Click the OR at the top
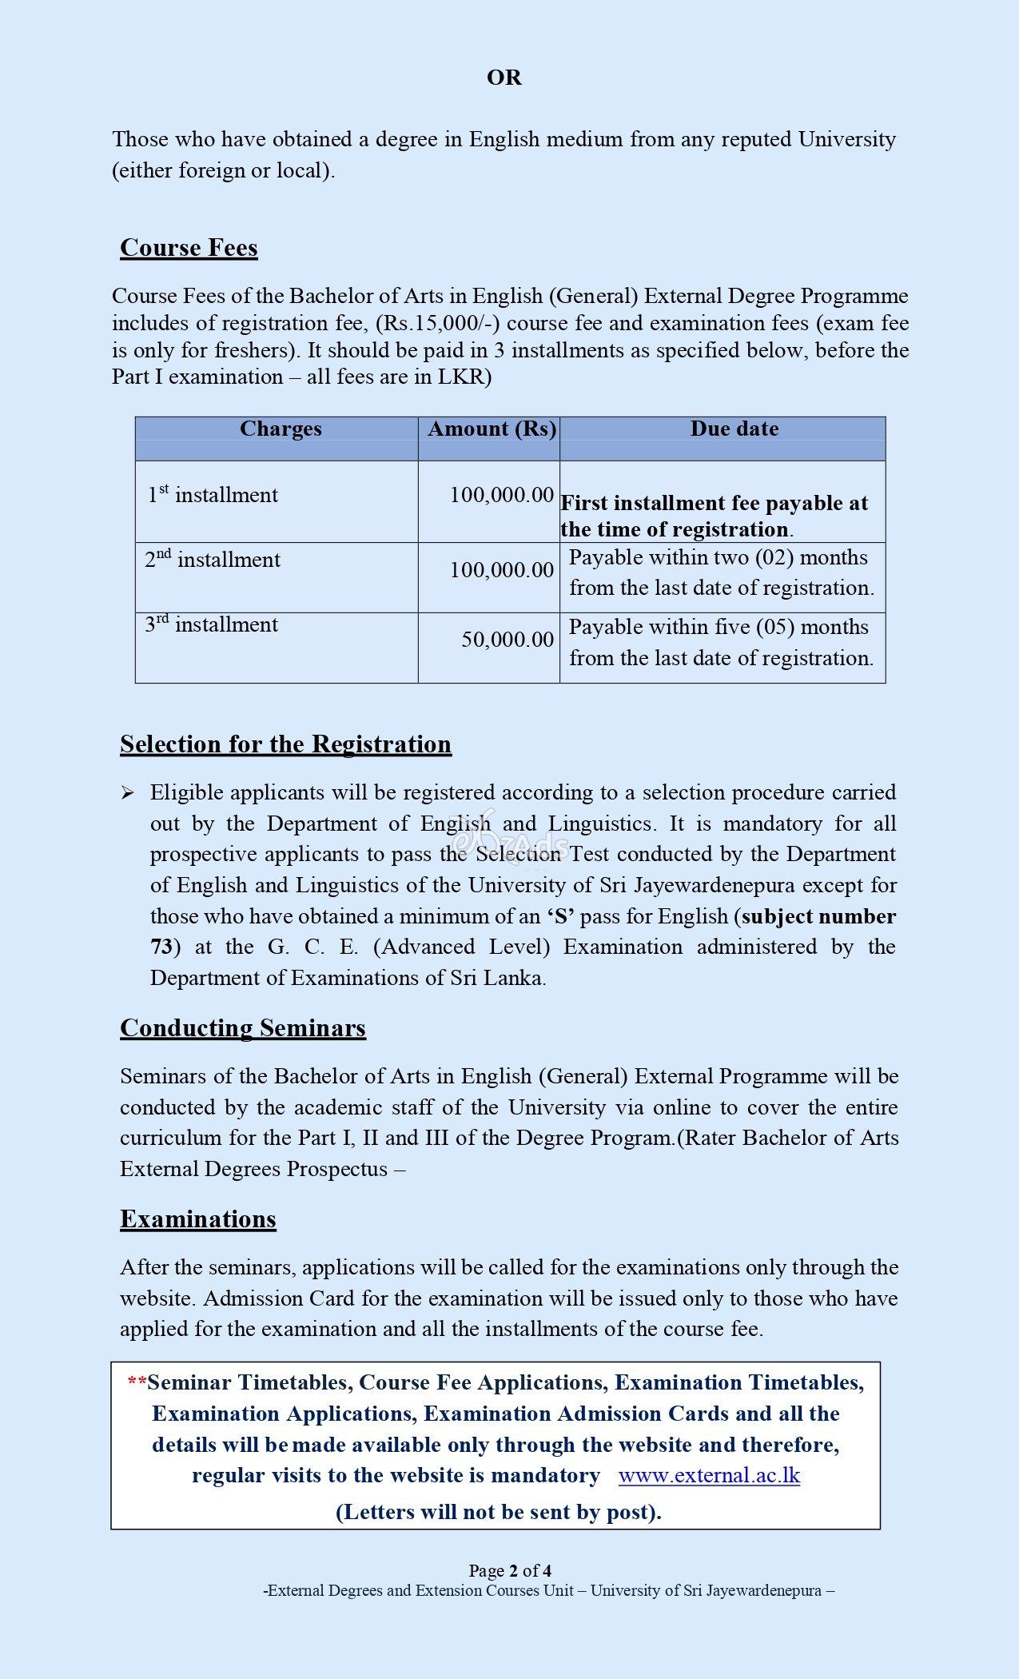coord(504,78)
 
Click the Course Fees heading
coord(189,248)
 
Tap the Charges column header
coord(281,429)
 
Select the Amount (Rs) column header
coord(492,429)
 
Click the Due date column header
coord(734,429)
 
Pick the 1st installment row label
coord(213,495)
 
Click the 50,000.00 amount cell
coord(508,640)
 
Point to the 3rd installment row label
coord(211,624)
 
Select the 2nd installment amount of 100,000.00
coord(501,570)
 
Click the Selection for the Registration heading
coord(285,744)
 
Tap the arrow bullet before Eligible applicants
coord(128,793)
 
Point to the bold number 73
coord(161,947)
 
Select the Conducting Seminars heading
coord(242,1028)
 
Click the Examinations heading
coord(197,1219)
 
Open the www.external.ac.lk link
coord(709,1475)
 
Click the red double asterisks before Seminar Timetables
coord(137,1382)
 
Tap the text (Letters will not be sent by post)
coord(498,1512)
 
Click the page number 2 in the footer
coord(515,1570)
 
